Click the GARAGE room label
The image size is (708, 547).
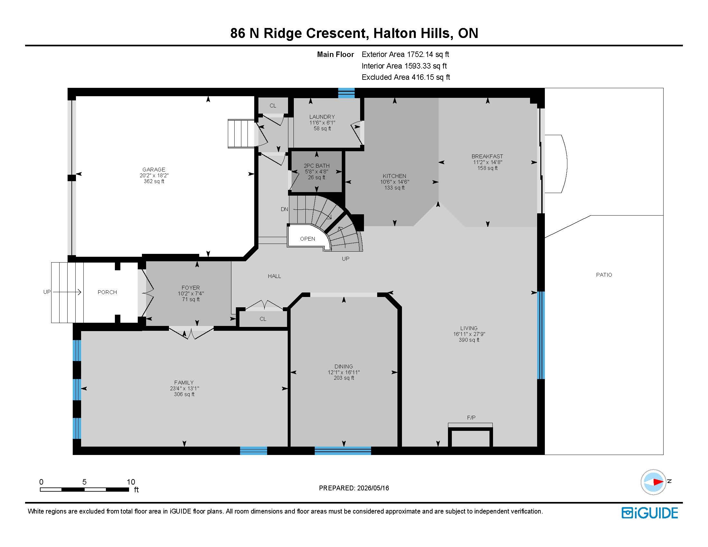pyautogui.click(x=154, y=170)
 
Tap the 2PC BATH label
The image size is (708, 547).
pyautogui.click(x=316, y=166)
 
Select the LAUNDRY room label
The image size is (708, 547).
pyautogui.click(x=322, y=117)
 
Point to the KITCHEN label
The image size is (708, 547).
pyautogui.click(x=394, y=176)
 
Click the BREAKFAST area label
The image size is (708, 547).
pyautogui.click(x=487, y=156)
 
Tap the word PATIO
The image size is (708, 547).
pyautogui.click(x=604, y=275)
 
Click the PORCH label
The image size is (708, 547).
pyautogui.click(x=107, y=292)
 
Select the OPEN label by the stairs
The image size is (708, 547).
pyautogui.click(x=307, y=239)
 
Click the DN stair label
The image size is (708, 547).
pyautogui.click(x=284, y=209)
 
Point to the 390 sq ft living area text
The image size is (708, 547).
pyautogui.click(x=469, y=340)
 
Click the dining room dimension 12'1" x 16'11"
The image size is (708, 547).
pyautogui.click(x=344, y=372)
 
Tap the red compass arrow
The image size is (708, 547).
pyautogui.click(x=658, y=482)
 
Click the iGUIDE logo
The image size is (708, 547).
pyautogui.click(x=650, y=513)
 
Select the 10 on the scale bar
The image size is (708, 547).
pyautogui.click(x=131, y=482)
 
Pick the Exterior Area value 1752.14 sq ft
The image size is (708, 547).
pyautogui.click(x=428, y=54)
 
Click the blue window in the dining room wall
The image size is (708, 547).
pyautogui.click(x=343, y=451)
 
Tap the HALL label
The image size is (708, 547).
pyautogui.click(x=274, y=276)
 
